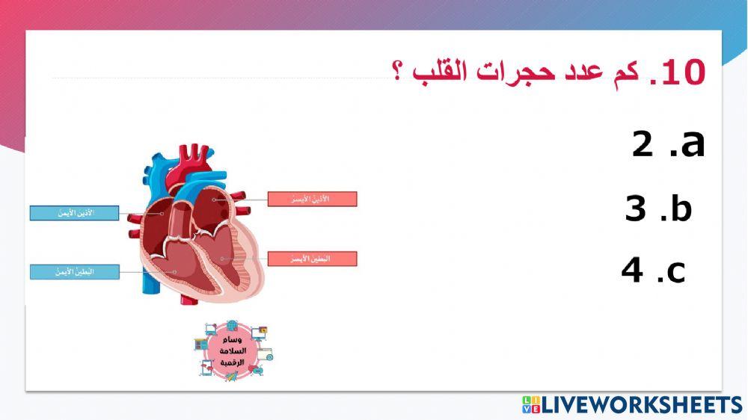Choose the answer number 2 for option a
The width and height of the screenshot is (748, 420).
[643, 145]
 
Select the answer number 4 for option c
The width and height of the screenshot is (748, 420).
[632, 270]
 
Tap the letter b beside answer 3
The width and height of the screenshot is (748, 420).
[681, 209]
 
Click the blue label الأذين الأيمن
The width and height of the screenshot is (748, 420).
[74, 213]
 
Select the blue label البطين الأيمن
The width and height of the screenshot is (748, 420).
[74, 271]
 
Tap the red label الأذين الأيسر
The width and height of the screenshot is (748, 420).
[312, 199]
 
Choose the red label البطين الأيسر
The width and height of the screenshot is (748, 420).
[312, 259]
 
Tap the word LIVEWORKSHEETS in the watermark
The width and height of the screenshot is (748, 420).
[641, 405]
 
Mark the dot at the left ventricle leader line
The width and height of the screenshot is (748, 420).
[222, 259]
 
